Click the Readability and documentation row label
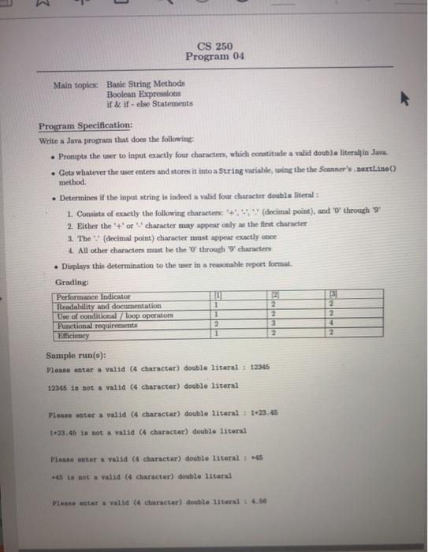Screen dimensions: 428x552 [x=109, y=305]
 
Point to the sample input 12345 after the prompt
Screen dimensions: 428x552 [x=260, y=369]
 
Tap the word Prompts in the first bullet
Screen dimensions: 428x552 [x=73, y=151]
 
